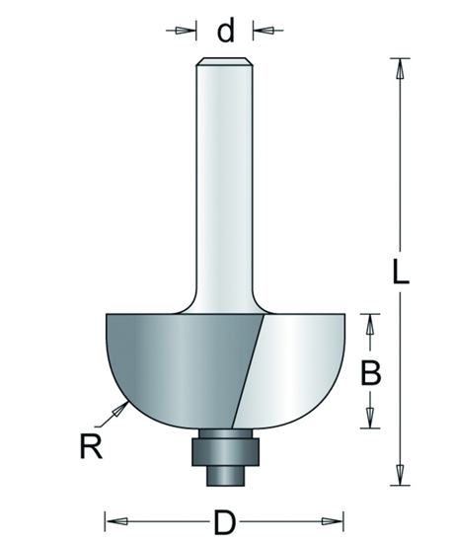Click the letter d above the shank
coord(226,32)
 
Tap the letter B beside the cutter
coord(369,372)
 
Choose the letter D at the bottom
coord(225,519)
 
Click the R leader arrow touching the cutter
coord(122,408)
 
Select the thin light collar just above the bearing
coord(225,432)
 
